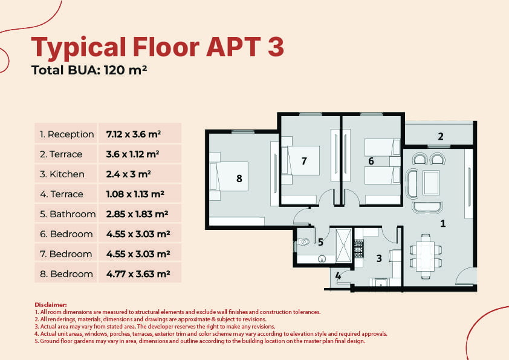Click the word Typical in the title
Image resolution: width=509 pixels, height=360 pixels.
click(78, 48)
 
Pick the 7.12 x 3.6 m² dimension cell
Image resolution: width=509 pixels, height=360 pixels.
click(134, 134)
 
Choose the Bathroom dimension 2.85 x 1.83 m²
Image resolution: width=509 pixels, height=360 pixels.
click(137, 214)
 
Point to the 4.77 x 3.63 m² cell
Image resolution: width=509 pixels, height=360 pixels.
click(138, 274)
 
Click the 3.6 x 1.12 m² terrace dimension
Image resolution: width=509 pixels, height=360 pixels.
click(132, 154)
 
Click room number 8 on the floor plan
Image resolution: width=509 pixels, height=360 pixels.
click(239, 178)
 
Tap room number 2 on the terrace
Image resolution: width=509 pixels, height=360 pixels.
click(441, 137)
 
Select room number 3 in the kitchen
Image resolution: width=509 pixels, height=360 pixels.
click(379, 258)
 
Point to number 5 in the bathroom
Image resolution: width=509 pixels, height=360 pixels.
click(321, 242)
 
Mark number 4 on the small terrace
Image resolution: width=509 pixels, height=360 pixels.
click(338, 276)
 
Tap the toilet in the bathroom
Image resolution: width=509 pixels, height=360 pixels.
click(303, 242)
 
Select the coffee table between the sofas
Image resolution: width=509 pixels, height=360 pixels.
click(431, 182)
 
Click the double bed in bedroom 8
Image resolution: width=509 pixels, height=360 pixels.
click(229, 177)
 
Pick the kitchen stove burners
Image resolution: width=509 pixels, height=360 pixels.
click(358, 249)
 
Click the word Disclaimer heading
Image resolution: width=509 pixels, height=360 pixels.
click(51, 305)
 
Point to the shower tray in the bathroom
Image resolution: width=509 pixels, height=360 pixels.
click(343, 245)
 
